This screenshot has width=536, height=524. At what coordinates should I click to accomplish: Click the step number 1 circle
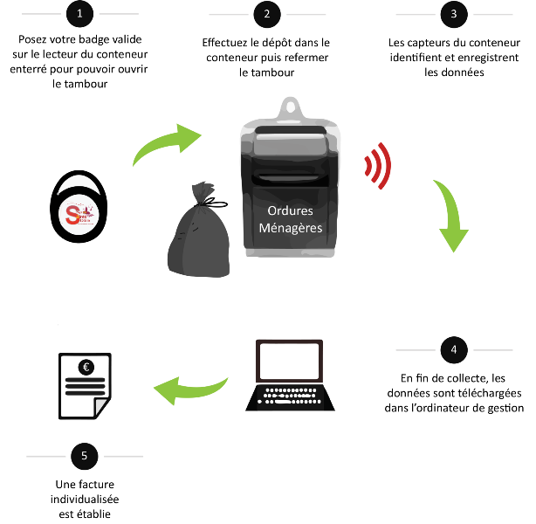tap(79, 14)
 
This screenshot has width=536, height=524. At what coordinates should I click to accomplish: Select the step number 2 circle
tap(266, 14)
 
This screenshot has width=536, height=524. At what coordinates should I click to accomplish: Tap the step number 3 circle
tap(453, 14)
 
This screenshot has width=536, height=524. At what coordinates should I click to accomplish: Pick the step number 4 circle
tap(453, 350)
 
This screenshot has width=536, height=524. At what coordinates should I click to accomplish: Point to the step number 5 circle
tap(84, 456)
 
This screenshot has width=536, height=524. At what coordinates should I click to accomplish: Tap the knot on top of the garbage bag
tap(203, 190)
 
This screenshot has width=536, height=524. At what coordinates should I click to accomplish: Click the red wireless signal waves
tap(377, 166)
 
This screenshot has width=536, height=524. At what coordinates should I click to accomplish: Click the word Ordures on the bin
tap(292, 211)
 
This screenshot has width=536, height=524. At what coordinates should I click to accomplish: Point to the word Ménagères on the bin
tap(292, 229)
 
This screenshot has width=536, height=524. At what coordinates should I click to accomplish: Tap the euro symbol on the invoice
tap(86, 367)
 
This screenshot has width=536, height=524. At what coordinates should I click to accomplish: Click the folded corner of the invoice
tap(101, 407)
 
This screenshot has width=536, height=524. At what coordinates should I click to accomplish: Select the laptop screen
tap(290, 361)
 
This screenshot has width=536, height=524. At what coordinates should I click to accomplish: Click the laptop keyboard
tap(291, 396)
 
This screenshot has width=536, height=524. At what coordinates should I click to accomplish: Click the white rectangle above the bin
tap(269, 72)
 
